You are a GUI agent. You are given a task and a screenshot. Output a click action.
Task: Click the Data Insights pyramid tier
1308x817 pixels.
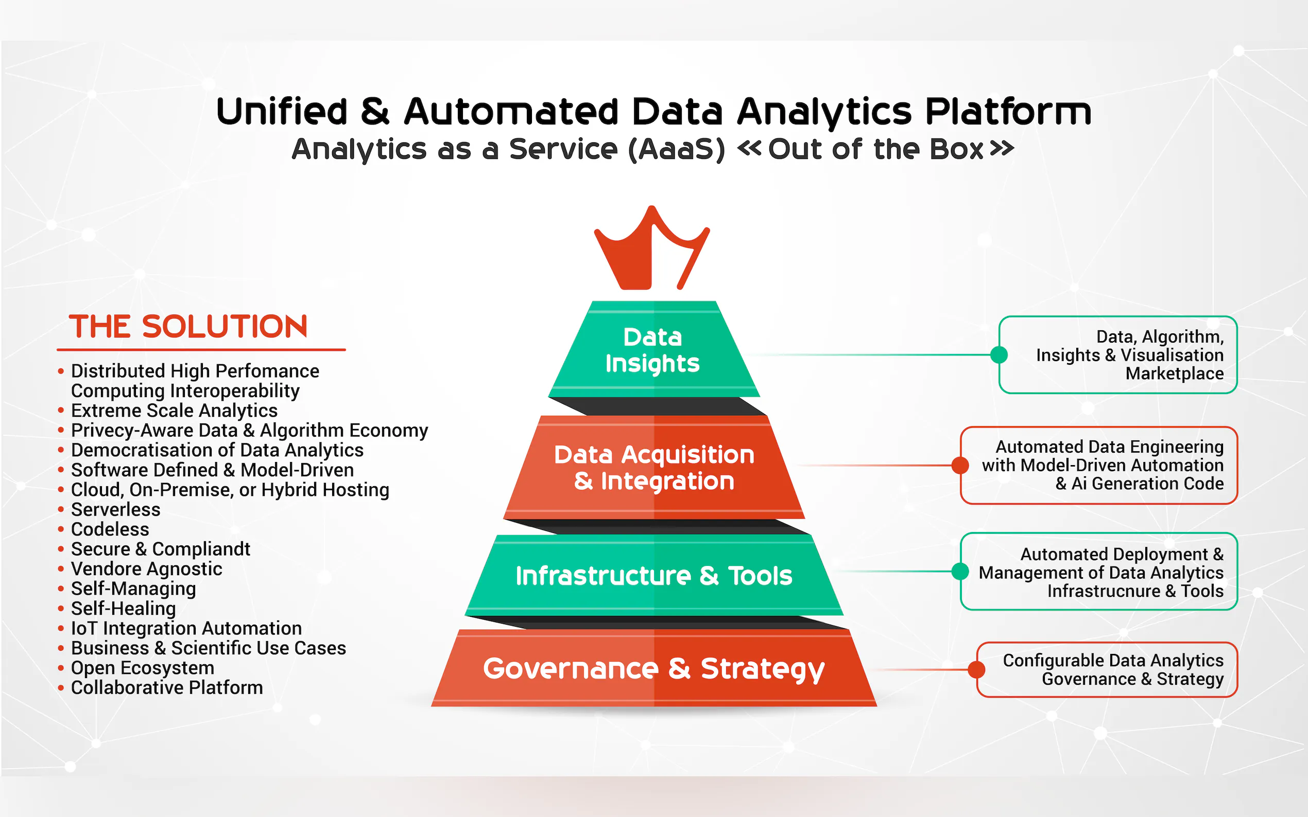point(652,350)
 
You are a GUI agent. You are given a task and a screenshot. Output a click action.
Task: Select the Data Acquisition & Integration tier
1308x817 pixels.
point(653,467)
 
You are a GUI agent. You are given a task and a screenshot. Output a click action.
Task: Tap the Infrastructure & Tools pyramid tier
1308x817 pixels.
point(653,576)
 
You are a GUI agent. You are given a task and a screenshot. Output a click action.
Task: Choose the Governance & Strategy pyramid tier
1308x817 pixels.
point(653,668)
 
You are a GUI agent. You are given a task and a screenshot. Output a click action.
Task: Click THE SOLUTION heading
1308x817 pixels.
point(188,327)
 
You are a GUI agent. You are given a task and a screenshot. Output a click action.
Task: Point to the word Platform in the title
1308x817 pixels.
point(1008,112)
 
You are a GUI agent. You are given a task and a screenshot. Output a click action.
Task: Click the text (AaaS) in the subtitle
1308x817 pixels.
point(677,149)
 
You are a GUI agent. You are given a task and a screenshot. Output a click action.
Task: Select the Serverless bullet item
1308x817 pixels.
point(116,509)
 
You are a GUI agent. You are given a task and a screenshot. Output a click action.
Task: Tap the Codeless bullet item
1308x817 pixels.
point(110,529)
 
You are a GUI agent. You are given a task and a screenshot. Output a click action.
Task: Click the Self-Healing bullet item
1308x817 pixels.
point(123,609)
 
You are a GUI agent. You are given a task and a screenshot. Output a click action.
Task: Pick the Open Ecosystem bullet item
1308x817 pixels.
point(143,668)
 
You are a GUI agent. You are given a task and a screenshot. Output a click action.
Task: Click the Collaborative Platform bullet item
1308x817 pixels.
point(166,688)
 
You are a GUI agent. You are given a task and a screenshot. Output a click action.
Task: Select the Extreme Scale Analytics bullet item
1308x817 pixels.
point(174,411)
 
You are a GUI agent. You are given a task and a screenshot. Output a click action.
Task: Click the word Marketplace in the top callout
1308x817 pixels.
point(1175,374)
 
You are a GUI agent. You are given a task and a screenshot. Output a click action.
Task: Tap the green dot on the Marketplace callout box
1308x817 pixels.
point(999,355)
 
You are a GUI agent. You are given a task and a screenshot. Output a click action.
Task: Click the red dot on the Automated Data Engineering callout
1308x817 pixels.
point(960,465)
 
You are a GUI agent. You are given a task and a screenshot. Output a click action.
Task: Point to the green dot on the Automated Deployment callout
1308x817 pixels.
point(960,571)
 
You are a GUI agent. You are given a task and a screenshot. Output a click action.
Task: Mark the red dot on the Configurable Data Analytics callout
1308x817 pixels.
point(976,669)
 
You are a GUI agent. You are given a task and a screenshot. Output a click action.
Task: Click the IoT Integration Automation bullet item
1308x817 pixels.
point(186,628)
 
